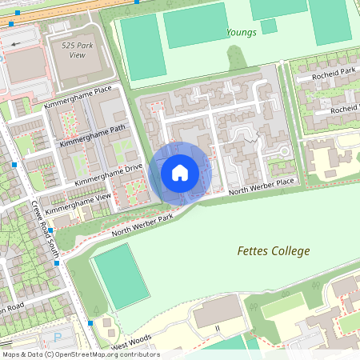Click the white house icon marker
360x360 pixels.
[x=180, y=173]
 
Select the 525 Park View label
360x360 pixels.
[x=78, y=50]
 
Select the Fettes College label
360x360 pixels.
[x=273, y=251]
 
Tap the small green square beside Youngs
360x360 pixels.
[x=269, y=26]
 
